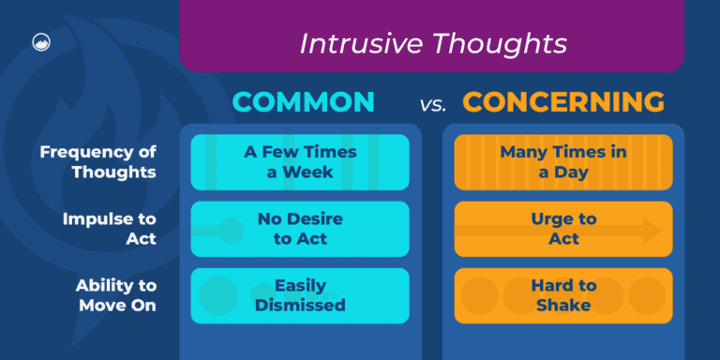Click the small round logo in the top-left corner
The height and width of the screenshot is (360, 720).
pyautogui.click(x=40, y=42)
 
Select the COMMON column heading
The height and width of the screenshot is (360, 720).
pyautogui.click(x=302, y=102)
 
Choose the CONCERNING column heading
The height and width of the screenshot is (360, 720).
pyautogui.click(x=563, y=102)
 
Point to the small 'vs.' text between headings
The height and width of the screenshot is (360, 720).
pyautogui.click(x=432, y=105)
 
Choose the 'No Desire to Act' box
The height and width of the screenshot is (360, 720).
pyautogui.click(x=300, y=228)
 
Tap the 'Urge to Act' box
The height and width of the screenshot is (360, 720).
pyautogui.click(x=563, y=228)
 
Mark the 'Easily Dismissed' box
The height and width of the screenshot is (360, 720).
pyautogui.click(x=300, y=295)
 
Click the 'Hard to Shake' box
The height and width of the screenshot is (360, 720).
pyautogui.click(x=563, y=295)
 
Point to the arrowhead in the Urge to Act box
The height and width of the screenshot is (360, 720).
pyautogui.click(x=652, y=229)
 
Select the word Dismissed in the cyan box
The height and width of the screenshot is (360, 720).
pyautogui.click(x=300, y=305)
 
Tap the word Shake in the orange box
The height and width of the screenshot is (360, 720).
pyautogui.click(x=563, y=305)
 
